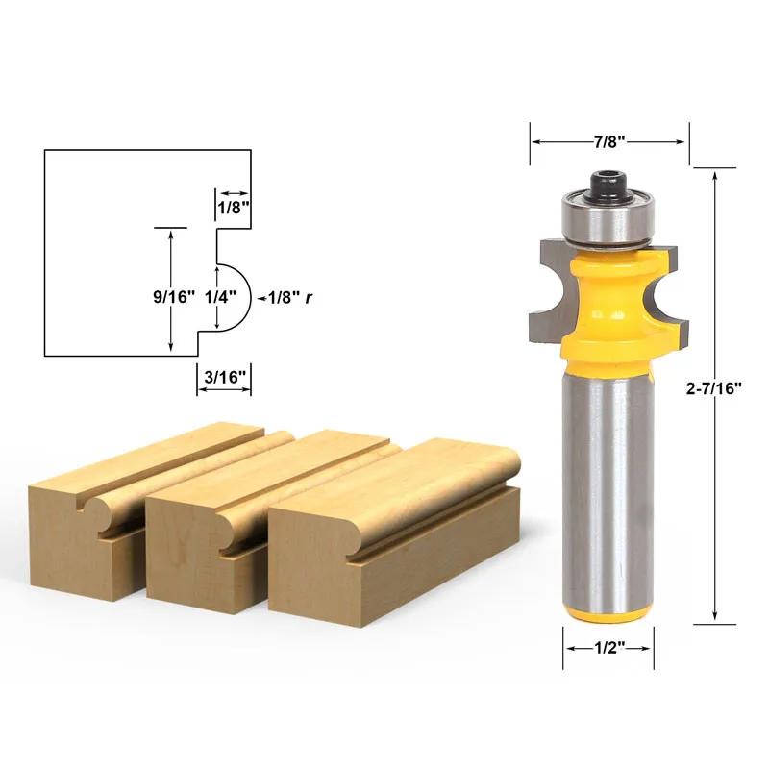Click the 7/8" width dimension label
(x=609, y=141)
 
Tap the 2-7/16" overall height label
(x=713, y=388)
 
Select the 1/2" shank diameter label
(x=609, y=648)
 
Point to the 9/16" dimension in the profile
(x=174, y=297)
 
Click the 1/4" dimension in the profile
(x=220, y=297)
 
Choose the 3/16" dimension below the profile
(x=224, y=377)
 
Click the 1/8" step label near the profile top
(x=234, y=208)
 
